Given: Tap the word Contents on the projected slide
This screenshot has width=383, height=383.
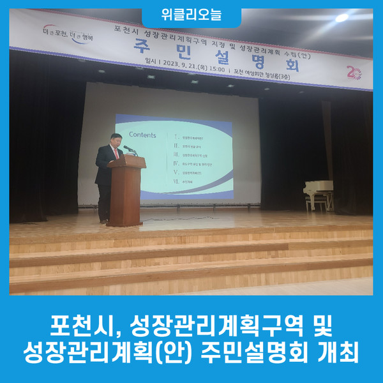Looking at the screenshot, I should click(142, 135).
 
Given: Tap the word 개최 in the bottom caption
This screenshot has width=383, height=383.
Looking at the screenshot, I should click(337, 352).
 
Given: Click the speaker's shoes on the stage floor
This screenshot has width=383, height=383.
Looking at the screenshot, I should click(105, 221).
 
